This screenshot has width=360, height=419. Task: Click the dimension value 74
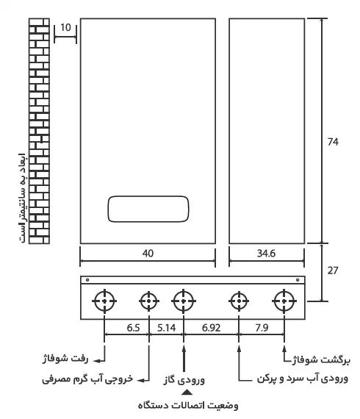tap(333, 142)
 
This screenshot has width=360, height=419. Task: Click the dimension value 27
tap(333, 271)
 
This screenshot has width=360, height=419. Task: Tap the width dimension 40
tap(148, 254)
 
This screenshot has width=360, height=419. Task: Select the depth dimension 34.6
tap(266, 254)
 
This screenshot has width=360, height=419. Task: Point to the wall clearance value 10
tap(65, 27)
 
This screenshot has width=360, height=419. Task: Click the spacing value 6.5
tap(133, 328)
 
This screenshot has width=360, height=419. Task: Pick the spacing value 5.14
tap(166, 328)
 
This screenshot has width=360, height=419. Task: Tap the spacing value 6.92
tap(211, 328)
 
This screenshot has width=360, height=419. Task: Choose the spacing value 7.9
tap(262, 328)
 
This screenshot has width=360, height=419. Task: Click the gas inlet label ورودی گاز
tap(184, 379)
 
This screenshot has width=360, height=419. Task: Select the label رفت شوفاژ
tap(65, 359)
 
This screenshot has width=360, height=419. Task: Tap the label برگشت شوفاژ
tap(321, 360)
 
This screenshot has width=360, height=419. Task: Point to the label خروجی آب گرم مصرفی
tap(87, 379)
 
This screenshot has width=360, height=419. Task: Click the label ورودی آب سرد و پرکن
tap(303, 379)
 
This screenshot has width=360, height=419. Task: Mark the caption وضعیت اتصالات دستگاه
tap(188, 405)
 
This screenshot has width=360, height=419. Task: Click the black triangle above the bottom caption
tap(187, 393)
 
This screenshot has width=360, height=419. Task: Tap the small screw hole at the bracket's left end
tap(87, 280)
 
